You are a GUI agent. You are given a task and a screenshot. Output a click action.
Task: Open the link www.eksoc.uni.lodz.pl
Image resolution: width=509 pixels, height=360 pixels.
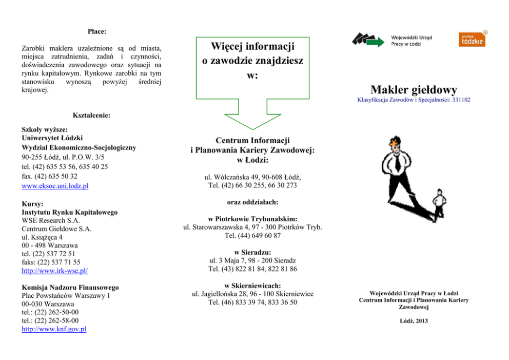click(55, 186)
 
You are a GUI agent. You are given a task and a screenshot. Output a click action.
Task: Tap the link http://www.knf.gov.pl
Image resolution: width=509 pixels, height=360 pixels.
click(54, 329)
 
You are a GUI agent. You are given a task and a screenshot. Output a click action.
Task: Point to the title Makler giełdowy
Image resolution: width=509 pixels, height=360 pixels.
click(414, 90)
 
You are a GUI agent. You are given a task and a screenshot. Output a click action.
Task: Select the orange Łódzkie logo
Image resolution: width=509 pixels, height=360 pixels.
click(471, 39)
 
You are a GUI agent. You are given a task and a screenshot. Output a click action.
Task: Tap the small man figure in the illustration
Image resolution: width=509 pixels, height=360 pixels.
click(439, 203)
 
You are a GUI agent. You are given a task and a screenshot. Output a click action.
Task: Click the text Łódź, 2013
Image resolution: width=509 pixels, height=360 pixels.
click(413, 321)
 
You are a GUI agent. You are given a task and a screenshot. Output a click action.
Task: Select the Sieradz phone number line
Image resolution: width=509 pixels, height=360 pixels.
click(252, 269)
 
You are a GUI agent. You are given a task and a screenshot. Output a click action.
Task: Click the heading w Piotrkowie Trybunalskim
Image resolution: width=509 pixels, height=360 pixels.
click(252, 218)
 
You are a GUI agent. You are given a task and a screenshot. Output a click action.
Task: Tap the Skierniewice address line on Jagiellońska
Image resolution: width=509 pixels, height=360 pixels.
click(252, 294)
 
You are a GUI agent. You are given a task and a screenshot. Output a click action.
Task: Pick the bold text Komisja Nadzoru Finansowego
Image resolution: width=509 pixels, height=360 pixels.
click(70, 288)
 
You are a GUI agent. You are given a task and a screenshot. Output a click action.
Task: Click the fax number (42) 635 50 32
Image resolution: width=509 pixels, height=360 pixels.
click(50, 176)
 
